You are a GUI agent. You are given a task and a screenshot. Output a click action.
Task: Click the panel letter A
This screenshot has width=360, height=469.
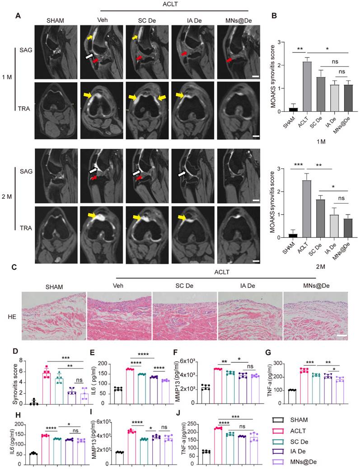(18, 16)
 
